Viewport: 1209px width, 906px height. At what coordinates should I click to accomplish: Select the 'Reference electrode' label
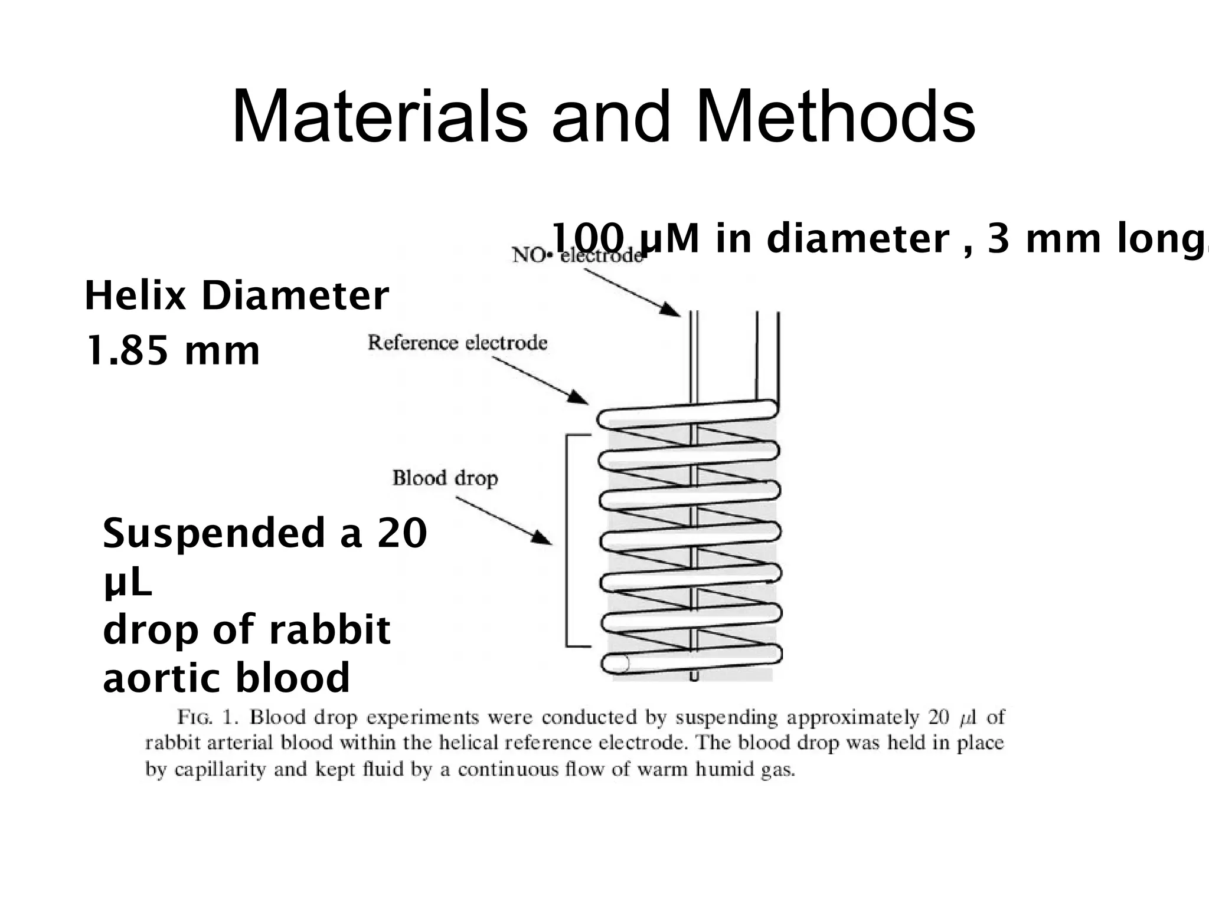[458, 343]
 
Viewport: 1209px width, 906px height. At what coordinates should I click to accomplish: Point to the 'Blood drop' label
[445, 478]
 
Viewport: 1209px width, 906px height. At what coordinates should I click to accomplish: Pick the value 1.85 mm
[172, 350]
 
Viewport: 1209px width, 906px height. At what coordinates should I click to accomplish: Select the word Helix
[135, 296]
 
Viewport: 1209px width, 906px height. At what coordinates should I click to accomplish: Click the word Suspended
[213, 533]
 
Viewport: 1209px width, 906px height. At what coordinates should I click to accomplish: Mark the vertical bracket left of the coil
[567, 540]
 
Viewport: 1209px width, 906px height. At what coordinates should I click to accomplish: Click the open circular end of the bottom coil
[616, 664]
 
